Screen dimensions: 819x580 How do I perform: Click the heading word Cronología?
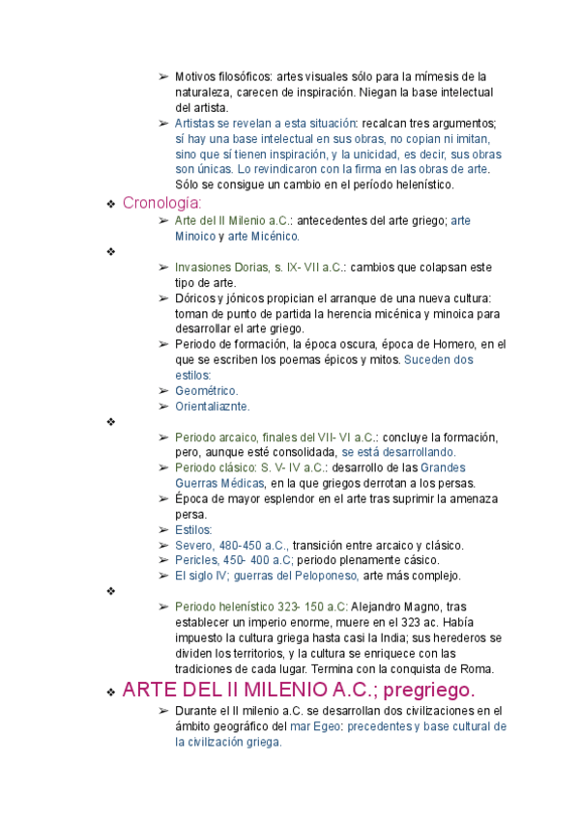coord(161,203)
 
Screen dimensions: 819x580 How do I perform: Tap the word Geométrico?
coord(206,390)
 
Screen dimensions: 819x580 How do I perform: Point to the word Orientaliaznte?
coord(212,406)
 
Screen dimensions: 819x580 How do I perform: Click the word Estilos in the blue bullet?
coord(193,529)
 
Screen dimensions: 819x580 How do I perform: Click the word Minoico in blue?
coord(195,236)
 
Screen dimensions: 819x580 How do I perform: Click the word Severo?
coord(193,545)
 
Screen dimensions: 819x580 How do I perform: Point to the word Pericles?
coord(196,560)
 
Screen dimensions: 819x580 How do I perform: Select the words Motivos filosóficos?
coord(223,76)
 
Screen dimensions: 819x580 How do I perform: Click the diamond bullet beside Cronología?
coord(112,204)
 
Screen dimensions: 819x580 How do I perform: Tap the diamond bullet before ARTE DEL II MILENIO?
coord(112,692)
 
